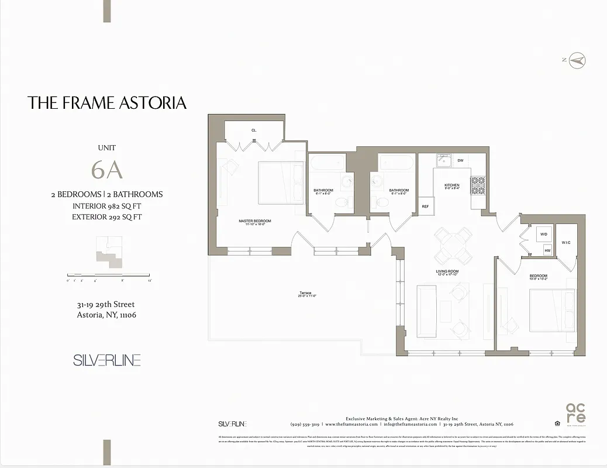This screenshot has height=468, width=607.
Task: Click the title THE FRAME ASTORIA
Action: click(x=107, y=104)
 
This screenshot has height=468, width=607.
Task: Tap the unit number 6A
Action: click(x=106, y=170)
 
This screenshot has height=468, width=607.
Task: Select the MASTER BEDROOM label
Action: click(x=254, y=221)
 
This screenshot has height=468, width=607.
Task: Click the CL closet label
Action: click(x=254, y=130)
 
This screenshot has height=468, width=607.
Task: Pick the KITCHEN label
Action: click(x=451, y=185)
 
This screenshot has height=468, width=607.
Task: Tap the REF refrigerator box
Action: click(x=425, y=206)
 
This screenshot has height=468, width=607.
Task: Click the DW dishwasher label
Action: click(x=460, y=160)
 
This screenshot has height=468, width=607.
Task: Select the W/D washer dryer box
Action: click(x=544, y=234)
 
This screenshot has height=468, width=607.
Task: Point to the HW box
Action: click(x=547, y=250)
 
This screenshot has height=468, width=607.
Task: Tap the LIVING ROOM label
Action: click(x=447, y=271)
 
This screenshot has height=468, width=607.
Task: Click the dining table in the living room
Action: click(x=453, y=246)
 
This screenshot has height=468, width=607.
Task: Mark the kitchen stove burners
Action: click(x=478, y=185)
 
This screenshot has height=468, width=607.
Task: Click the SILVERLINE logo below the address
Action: click(x=106, y=360)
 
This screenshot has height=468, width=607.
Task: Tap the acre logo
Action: click(x=575, y=414)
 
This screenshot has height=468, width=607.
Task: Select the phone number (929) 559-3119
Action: click(x=305, y=424)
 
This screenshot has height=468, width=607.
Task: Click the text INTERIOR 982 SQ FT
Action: click(x=106, y=206)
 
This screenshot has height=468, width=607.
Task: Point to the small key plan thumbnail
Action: click(x=109, y=252)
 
